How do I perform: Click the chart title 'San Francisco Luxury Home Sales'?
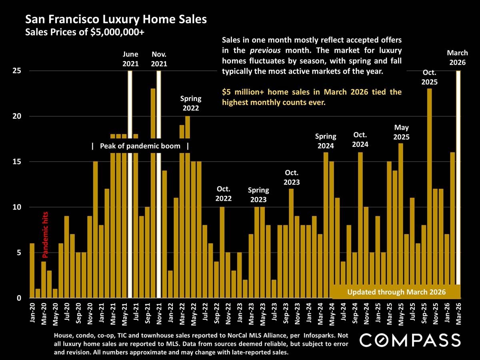pos(116,19)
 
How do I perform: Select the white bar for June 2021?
pos(130,184)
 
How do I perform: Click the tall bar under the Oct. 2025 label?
pos(430,192)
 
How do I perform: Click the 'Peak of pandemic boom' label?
pos(140,146)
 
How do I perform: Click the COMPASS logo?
pos(410,340)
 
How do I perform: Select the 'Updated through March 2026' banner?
pos(396,292)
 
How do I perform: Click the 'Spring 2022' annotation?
pos(191,103)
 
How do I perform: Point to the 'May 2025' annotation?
pos(401,132)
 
